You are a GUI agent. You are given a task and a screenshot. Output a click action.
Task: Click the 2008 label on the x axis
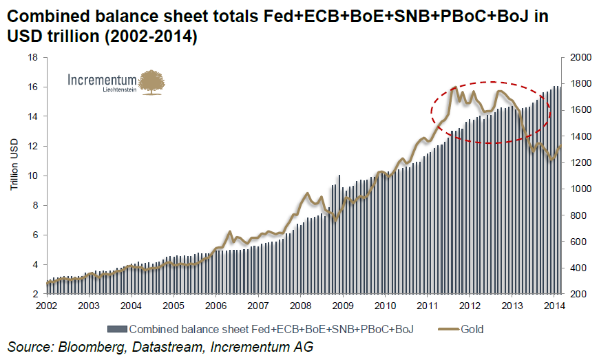click(300, 306)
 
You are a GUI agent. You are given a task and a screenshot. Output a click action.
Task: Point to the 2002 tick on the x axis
click(47, 306)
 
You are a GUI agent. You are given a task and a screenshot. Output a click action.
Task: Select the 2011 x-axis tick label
click(427, 306)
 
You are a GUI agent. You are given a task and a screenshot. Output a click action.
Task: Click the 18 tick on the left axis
click(32, 58)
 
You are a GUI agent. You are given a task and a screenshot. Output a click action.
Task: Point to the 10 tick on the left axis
click(32, 176)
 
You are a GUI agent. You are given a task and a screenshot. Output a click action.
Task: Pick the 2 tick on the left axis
click(34, 294)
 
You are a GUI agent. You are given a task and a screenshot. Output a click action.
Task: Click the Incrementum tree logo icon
click(151, 82)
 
